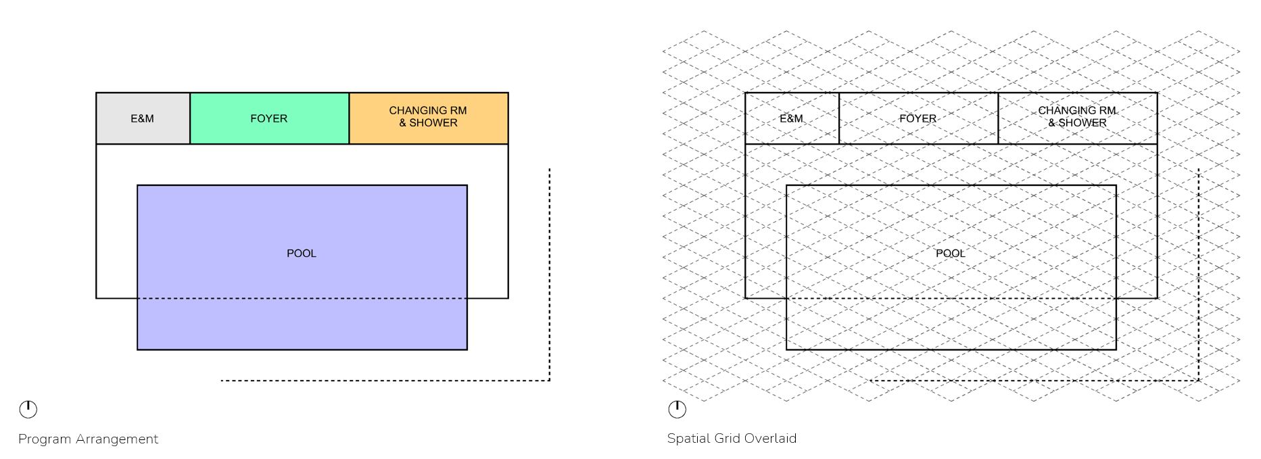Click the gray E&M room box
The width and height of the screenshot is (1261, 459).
pyautogui.click(x=143, y=118)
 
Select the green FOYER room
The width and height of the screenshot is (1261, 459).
pyautogui.click(x=269, y=118)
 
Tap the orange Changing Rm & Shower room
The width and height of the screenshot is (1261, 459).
pyautogui.click(x=428, y=118)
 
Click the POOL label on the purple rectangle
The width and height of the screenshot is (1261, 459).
pyautogui.click(x=302, y=253)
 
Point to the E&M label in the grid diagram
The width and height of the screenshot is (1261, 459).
pyautogui.click(x=791, y=118)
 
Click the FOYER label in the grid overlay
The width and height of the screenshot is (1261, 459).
pyautogui.click(x=918, y=118)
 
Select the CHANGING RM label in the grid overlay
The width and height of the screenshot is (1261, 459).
pyautogui.click(x=1077, y=111)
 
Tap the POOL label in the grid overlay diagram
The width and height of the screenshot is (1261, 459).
pyautogui.click(x=950, y=253)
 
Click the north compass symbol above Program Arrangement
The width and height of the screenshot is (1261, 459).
pyautogui.click(x=28, y=409)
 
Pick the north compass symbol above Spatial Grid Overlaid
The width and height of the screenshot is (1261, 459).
pyautogui.click(x=677, y=409)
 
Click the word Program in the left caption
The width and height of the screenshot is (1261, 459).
pyautogui.click(x=45, y=439)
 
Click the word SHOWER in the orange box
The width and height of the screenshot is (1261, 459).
pyautogui.click(x=433, y=123)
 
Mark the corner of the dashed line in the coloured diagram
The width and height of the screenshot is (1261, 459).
pyautogui.click(x=550, y=381)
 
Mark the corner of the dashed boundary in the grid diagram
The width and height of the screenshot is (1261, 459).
pyautogui.click(x=1199, y=381)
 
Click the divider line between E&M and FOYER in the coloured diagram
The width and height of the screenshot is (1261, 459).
pyautogui.click(x=190, y=118)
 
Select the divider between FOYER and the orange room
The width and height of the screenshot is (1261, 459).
pyautogui.click(x=349, y=118)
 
